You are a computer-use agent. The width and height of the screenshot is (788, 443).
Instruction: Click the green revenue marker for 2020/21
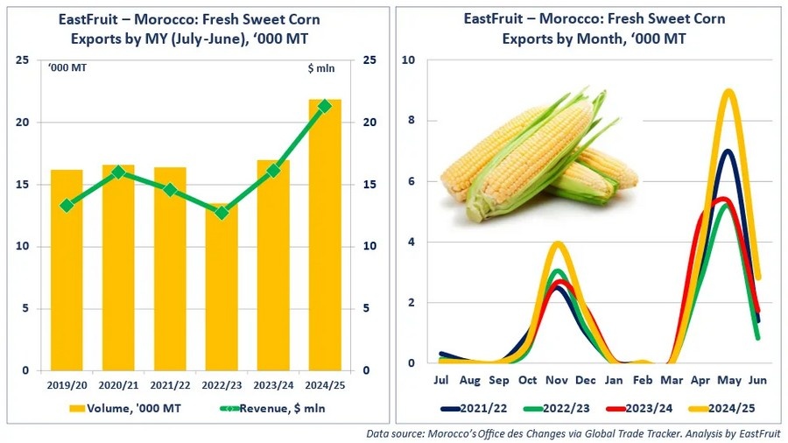point(118,172)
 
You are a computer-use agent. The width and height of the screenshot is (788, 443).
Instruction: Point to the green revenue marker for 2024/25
point(325,106)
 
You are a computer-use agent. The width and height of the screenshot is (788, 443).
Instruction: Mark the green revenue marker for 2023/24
point(273,170)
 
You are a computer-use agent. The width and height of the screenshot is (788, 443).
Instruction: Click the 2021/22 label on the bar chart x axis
point(170,384)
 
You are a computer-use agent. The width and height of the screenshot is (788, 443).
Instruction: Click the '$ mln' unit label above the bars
point(321,67)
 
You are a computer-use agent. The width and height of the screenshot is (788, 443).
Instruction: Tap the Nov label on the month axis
point(558,381)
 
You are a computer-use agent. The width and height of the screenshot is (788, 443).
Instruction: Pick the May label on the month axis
point(729,381)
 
